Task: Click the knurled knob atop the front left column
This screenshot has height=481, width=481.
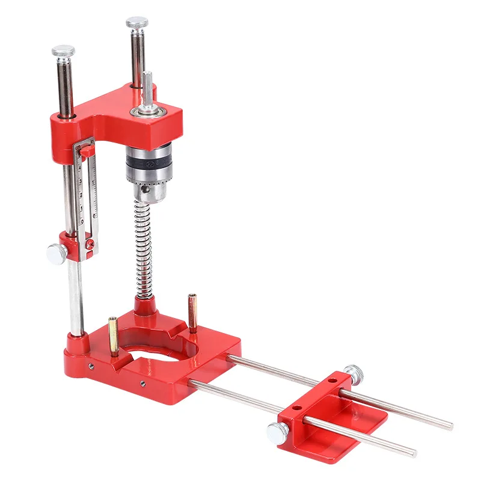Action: coord(63,51)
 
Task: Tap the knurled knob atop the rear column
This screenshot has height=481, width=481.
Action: coord(137,23)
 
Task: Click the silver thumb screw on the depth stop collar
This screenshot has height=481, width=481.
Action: coord(55,253)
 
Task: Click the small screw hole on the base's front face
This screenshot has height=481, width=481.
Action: coord(144,383)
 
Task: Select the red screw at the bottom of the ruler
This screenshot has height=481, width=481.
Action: coord(90,243)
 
